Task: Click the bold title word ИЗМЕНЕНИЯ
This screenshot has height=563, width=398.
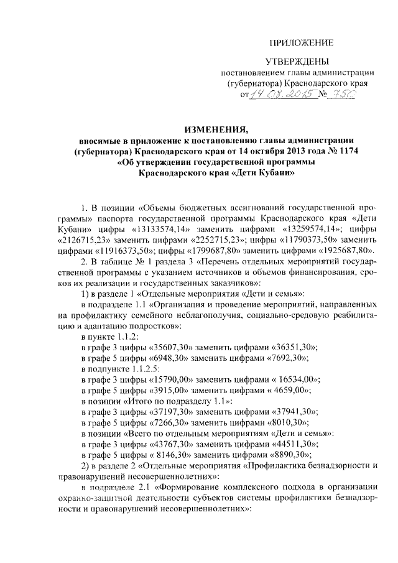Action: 214,129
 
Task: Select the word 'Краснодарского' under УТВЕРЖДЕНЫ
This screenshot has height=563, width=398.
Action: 336,82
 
